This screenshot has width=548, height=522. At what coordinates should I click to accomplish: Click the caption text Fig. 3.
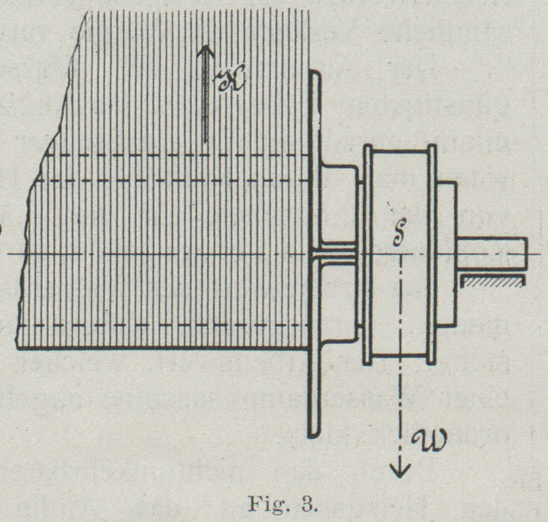[x=282, y=504]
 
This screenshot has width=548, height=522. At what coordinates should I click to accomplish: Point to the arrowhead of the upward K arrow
[x=205, y=51]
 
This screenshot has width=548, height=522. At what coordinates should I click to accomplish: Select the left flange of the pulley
[x=367, y=254]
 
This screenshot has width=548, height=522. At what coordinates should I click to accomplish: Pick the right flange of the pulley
[x=431, y=254]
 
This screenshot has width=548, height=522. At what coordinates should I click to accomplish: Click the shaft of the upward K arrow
[x=205, y=102]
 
